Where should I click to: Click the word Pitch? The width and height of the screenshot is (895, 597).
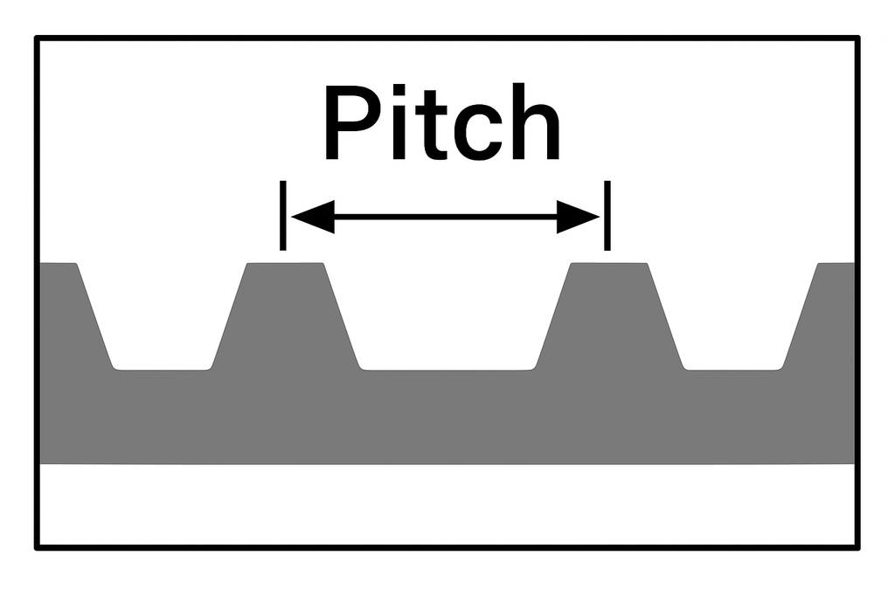point(441,124)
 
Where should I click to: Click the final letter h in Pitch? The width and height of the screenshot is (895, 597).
point(532,124)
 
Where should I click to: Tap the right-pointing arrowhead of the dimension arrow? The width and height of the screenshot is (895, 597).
point(579,216)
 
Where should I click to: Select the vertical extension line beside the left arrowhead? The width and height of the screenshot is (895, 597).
point(281,215)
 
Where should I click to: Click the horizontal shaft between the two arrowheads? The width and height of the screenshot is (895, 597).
point(446,216)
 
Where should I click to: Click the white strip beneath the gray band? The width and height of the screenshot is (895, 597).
point(446,503)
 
